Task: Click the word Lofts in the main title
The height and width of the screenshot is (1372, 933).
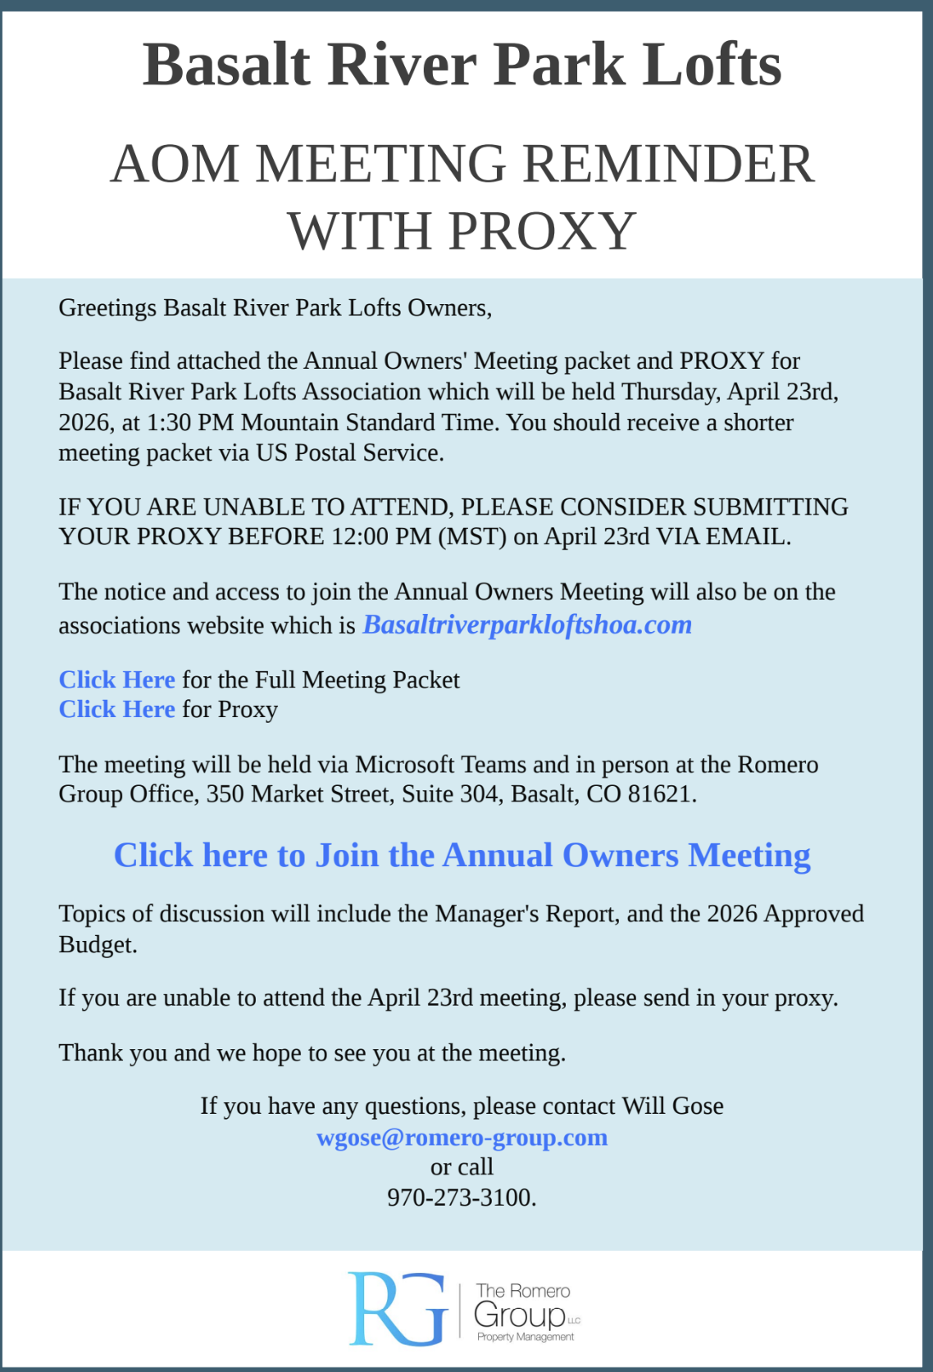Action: click(711, 65)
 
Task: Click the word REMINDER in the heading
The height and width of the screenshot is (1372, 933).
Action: click(668, 164)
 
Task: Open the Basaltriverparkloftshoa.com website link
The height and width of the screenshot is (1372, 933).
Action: click(527, 625)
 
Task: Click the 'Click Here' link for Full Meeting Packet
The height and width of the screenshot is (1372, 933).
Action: click(116, 680)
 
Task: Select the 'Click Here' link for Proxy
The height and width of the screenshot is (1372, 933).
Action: click(116, 710)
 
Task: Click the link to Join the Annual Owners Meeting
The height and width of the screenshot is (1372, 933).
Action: click(462, 856)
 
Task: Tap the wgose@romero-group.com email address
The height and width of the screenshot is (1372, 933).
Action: click(462, 1138)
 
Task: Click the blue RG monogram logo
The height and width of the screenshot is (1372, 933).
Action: click(398, 1309)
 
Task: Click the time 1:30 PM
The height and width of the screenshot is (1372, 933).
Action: click(190, 423)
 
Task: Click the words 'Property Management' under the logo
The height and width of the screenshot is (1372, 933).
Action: click(526, 1337)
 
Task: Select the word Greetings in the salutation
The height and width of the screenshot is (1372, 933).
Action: click(107, 308)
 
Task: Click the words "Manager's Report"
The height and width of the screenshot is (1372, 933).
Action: click(526, 914)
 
